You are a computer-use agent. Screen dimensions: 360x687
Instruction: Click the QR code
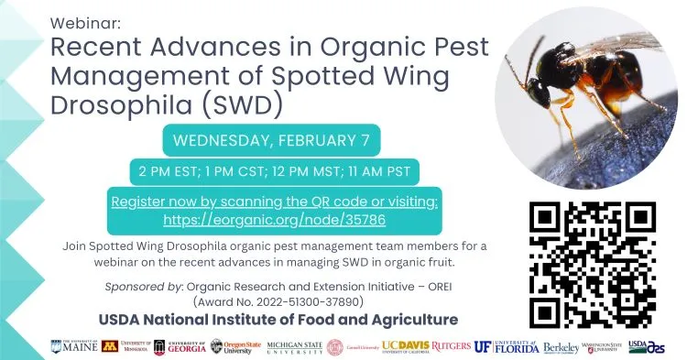click(593, 260)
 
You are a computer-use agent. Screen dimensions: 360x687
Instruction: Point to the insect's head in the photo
click(542, 88)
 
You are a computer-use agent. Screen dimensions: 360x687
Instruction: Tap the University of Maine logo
click(82, 346)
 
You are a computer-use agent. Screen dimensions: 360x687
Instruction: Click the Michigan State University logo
click(289, 346)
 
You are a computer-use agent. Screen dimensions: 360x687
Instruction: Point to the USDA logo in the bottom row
click(649, 346)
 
